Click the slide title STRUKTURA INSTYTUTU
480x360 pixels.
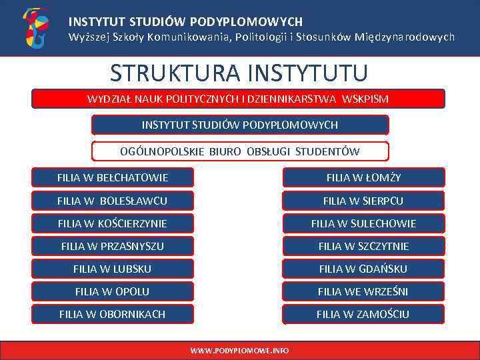click(239, 72)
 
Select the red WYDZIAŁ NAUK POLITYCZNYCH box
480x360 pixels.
click(238, 99)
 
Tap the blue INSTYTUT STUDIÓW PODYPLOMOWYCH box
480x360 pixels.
click(239, 125)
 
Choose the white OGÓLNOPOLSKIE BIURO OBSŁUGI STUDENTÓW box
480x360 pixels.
click(239, 151)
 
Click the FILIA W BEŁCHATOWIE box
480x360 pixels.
click(113, 177)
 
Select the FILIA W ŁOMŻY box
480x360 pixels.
click(363, 177)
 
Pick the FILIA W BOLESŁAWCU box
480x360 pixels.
click(113, 201)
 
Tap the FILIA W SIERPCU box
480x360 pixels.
click(363, 201)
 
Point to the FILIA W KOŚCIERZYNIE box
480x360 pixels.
click(113, 223)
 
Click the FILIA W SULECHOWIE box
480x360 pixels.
click(363, 223)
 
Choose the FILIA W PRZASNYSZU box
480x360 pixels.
click(113, 246)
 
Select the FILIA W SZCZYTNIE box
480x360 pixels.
click(363, 246)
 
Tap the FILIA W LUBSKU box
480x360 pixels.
click(113, 269)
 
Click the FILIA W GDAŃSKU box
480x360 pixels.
click(363, 269)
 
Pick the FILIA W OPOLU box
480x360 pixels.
click(113, 291)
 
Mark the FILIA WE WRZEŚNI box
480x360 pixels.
click(363, 291)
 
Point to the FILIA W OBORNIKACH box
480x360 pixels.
click(113, 314)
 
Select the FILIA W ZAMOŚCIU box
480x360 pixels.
click(363, 314)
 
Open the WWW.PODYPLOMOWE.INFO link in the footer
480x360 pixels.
click(239, 350)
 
